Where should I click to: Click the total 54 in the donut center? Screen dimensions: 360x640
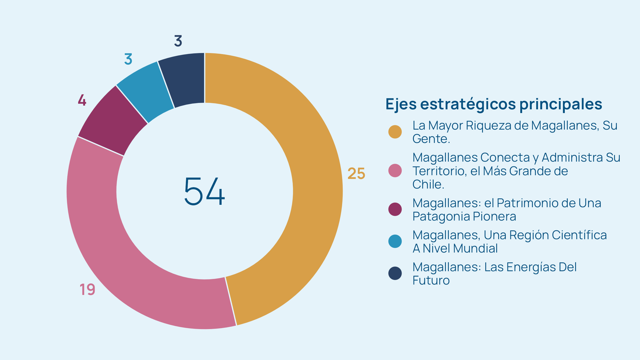click(x=205, y=191)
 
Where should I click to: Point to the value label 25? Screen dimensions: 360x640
click(x=356, y=174)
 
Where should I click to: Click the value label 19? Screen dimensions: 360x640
click(x=87, y=289)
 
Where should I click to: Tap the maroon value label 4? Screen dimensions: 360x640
click(x=82, y=100)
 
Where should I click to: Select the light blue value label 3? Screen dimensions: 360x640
click(x=128, y=59)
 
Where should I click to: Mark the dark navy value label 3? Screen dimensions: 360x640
click(x=178, y=41)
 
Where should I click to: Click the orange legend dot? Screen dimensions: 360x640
click(x=395, y=132)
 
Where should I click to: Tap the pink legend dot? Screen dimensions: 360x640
click(x=395, y=171)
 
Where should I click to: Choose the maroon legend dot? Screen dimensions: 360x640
click(x=395, y=209)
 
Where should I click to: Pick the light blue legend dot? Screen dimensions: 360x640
click(x=395, y=241)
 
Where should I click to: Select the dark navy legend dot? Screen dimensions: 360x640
click(x=395, y=273)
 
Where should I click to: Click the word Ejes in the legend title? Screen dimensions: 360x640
click(x=401, y=104)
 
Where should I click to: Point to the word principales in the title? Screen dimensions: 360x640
click(x=561, y=104)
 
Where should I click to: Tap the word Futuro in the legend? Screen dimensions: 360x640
click(x=431, y=281)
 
